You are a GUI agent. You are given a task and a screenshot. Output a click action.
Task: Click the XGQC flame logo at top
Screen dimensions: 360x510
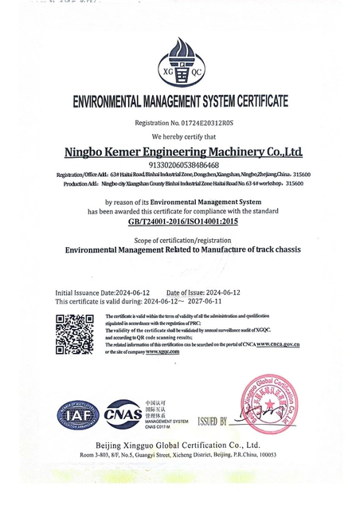(180, 63)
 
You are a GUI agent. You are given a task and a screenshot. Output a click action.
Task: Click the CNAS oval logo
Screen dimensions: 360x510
(123, 414)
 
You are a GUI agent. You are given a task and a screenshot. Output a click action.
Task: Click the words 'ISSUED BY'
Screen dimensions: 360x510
(213, 421)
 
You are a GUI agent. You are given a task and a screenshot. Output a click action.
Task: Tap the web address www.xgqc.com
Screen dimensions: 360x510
(159, 351)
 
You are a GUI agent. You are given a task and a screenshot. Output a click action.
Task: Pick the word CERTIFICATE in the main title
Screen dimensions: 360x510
(256, 102)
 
